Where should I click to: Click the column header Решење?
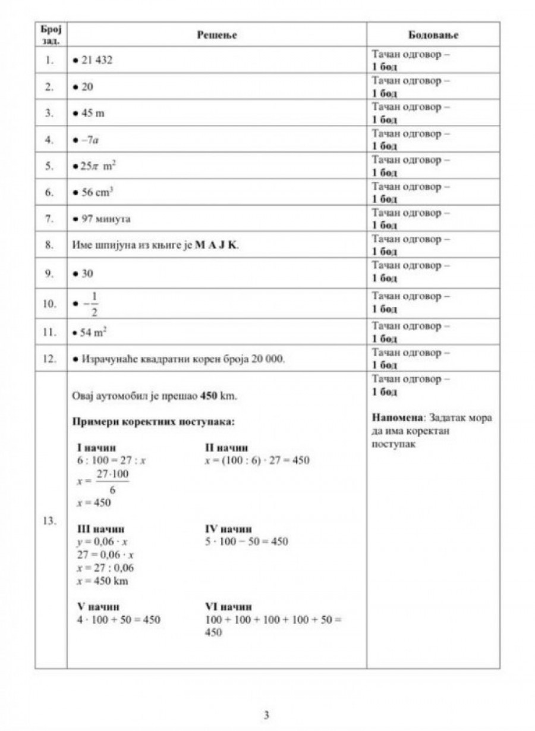pyautogui.click(x=216, y=35)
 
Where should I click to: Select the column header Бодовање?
pyautogui.click(x=433, y=35)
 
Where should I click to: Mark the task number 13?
pyautogui.click(x=50, y=521)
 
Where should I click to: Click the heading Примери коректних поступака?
pyautogui.click(x=153, y=422)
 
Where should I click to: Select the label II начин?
pyautogui.click(x=226, y=448)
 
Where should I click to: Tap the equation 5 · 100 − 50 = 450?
pyautogui.click(x=246, y=542)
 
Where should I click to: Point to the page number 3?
pyautogui.click(x=267, y=714)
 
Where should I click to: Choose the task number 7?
pyautogui.click(x=50, y=219)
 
